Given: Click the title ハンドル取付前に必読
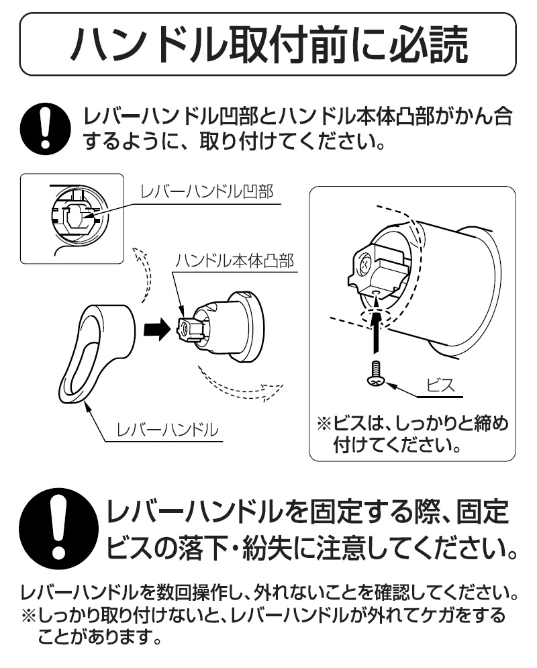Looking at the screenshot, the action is tap(268, 44).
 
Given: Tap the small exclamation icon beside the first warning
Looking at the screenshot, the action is tap(45, 128).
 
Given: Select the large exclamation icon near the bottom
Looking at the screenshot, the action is tap(58, 528).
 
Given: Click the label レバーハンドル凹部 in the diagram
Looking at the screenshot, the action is tap(207, 192).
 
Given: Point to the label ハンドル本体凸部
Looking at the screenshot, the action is tap(235, 260).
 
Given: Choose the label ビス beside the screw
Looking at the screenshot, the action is tap(441, 386).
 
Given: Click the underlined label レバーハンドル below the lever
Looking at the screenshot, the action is tap(167, 430).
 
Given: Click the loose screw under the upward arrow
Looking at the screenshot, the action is tap(376, 375).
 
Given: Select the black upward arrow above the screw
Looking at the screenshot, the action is tap(375, 330).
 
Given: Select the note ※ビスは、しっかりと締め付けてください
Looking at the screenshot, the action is tap(413, 434).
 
